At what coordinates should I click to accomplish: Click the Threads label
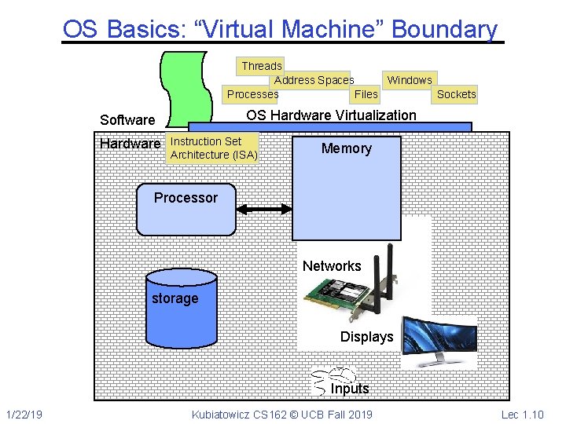pyautogui.click(x=261, y=66)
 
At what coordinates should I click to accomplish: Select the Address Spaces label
pyautogui.click(x=314, y=80)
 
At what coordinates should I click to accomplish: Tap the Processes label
pyautogui.click(x=252, y=94)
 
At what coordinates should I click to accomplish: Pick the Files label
pyautogui.click(x=366, y=94)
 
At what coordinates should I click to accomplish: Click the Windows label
pyautogui.click(x=410, y=80)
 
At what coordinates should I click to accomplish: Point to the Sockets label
pyautogui.click(x=456, y=94)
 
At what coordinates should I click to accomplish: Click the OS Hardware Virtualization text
pyautogui.click(x=331, y=115)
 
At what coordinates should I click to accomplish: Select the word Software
pyautogui.click(x=127, y=120)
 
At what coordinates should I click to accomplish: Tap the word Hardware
pyautogui.click(x=130, y=144)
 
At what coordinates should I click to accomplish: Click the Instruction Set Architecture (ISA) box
pyautogui.click(x=213, y=148)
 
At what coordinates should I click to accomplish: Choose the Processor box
pyautogui.click(x=186, y=208)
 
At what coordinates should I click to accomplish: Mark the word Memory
pyautogui.click(x=346, y=149)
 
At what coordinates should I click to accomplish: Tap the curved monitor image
pyautogui.click(x=439, y=342)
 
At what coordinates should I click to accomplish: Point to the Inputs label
pyautogui.click(x=349, y=389)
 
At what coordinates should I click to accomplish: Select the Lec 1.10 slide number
pyautogui.click(x=522, y=415)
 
